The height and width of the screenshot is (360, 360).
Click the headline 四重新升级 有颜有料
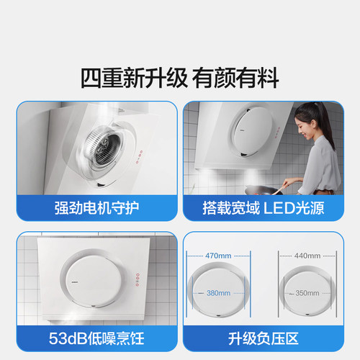point(180,78)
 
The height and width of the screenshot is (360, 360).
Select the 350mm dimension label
point(306,293)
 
